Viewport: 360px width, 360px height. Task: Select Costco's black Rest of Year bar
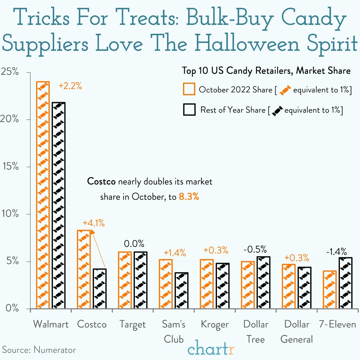(99, 288)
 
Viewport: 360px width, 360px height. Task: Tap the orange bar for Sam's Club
(166, 284)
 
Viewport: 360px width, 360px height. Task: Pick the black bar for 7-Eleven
(345, 283)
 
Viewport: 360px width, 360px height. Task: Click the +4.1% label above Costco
(93, 223)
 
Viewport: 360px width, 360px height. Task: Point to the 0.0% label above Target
(134, 243)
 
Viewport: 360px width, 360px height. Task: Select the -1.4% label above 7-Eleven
(337, 252)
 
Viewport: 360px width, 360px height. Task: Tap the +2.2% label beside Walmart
(70, 86)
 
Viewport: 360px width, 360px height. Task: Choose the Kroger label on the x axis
(215, 325)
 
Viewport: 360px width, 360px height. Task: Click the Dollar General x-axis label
(297, 332)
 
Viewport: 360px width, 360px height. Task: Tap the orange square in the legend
(189, 89)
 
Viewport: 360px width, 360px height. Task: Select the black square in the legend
(189, 110)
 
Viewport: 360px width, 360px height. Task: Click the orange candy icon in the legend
(285, 90)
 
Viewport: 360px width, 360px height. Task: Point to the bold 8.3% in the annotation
(189, 197)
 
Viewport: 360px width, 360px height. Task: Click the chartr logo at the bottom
(211, 349)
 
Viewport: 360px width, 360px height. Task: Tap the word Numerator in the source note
(55, 350)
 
